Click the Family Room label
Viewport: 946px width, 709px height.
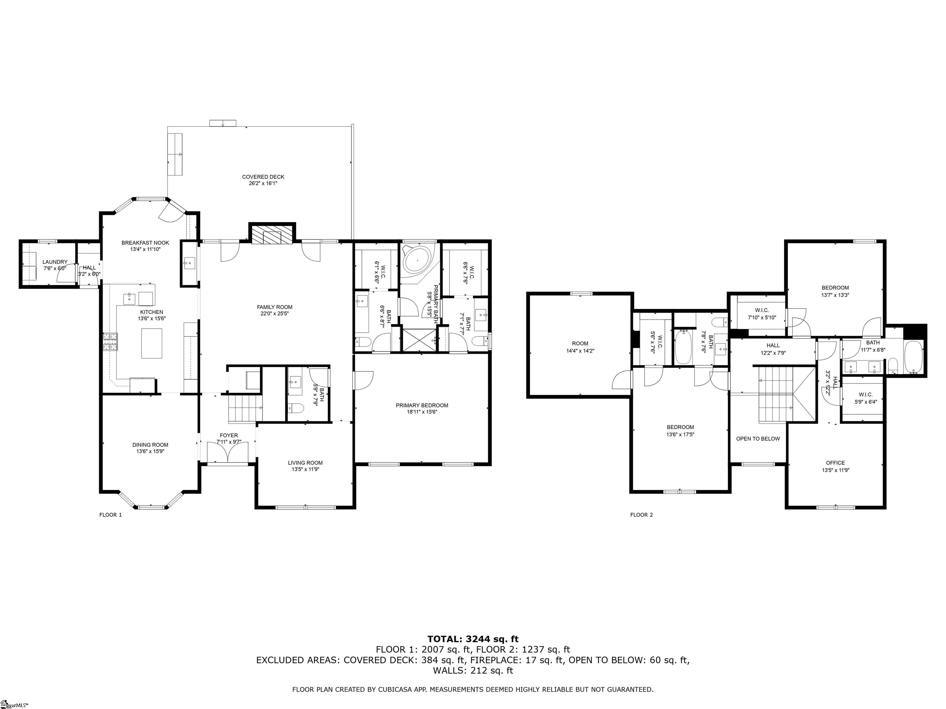(x=275, y=307)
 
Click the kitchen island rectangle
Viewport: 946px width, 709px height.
(x=152, y=343)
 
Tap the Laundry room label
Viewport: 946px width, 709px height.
(x=55, y=262)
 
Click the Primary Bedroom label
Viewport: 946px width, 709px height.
(x=422, y=406)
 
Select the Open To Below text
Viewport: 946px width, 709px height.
(x=758, y=439)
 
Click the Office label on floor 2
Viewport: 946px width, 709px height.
(x=835, y=463)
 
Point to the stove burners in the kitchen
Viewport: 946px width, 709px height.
(x=110, y=342)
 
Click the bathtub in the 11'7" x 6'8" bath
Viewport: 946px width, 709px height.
(x=913, y=357)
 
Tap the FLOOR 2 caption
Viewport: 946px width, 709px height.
(x=641, y=515)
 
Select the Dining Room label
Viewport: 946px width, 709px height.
(x=150, y=444)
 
